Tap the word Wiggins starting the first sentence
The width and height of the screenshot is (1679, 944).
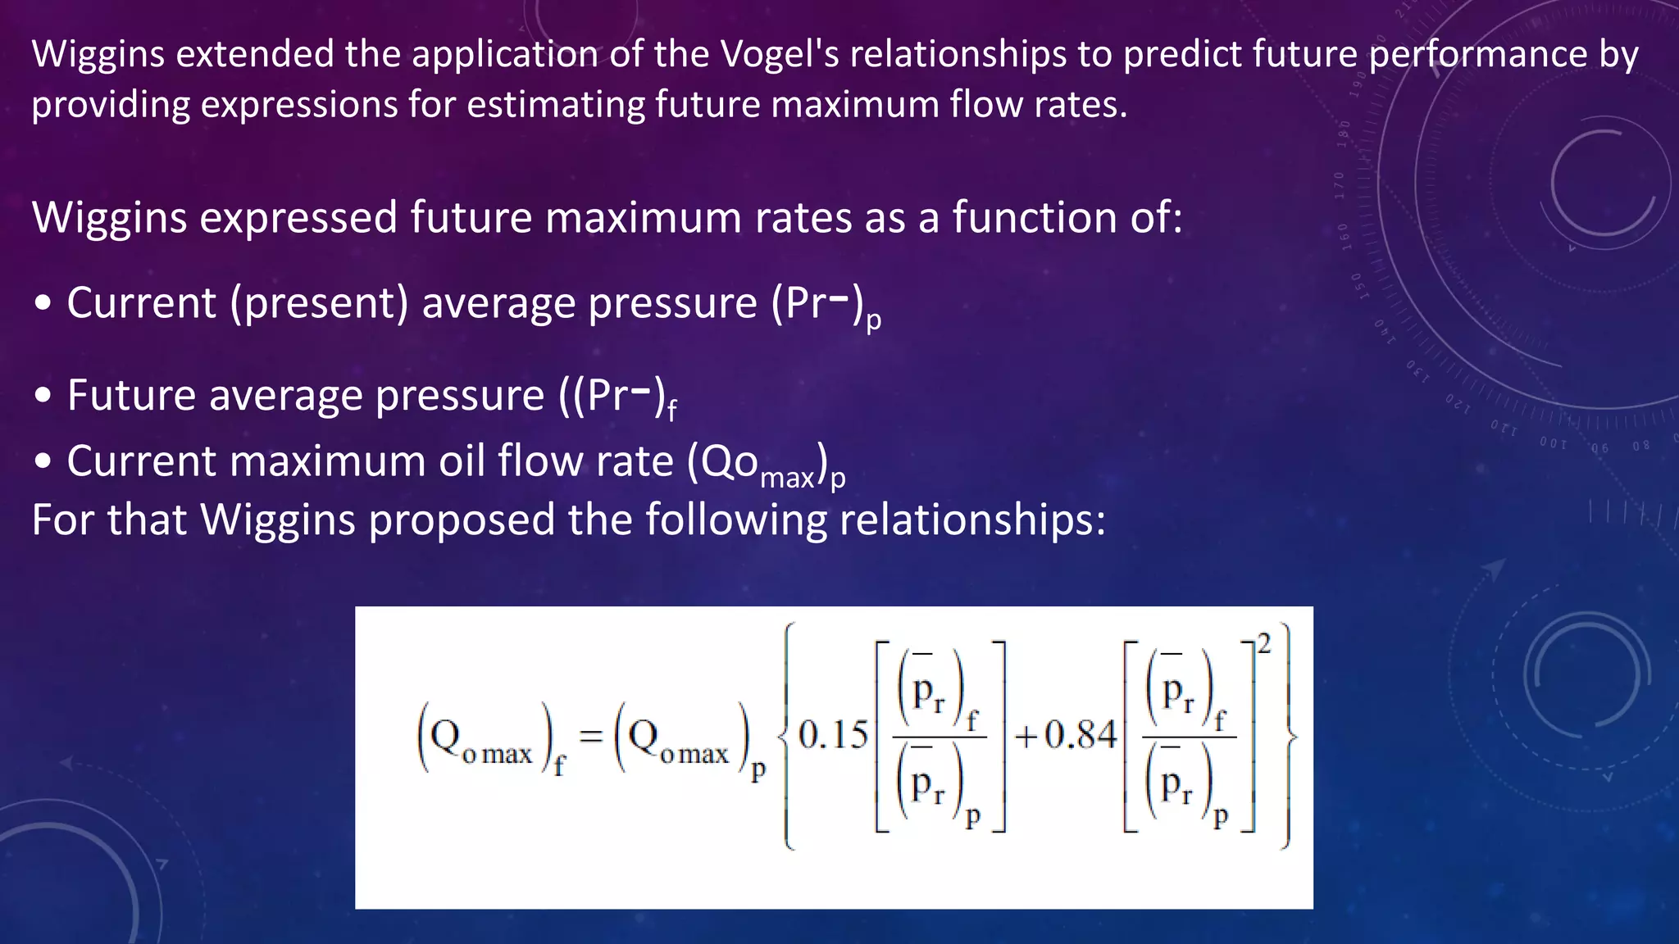[98, 54]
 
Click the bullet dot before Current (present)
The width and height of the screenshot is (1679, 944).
[43, 304]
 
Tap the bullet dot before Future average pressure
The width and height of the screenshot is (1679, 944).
[43, 397]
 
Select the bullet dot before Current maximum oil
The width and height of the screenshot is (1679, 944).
[43, 462]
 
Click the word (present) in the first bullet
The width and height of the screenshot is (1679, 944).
[319, 303]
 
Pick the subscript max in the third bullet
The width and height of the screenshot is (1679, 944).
[787, 477]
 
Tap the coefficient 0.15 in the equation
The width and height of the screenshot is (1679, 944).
[832, 734]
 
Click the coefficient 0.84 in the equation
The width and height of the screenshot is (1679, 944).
[1081, 734]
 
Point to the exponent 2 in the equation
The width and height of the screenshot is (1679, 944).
[1263, 645]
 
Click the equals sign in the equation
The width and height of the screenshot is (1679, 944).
[590, 735]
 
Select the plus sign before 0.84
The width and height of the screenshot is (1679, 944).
[1026, 737]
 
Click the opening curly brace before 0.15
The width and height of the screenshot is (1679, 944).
[786, 736]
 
